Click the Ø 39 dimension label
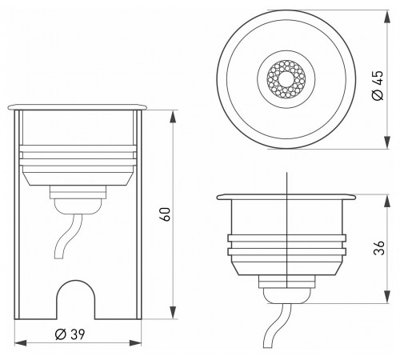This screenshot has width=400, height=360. click(x=70, y=334)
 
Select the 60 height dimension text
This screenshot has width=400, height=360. click(x=166, y=214)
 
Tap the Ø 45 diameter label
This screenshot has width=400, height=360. click(x=378, y=86)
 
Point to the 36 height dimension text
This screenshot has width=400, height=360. click(x=379, y=248)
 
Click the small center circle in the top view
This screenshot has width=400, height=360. click(x=286, y=79)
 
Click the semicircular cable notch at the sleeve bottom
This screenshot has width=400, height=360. click(x=76, y=298)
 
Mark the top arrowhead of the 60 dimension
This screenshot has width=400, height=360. click(x=173, y=118)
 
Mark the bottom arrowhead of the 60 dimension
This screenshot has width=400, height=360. click(x=173, y=312)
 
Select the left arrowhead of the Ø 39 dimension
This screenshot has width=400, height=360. click(x=21, y=343)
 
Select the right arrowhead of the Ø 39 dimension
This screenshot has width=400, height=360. click(x=135, y=343)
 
